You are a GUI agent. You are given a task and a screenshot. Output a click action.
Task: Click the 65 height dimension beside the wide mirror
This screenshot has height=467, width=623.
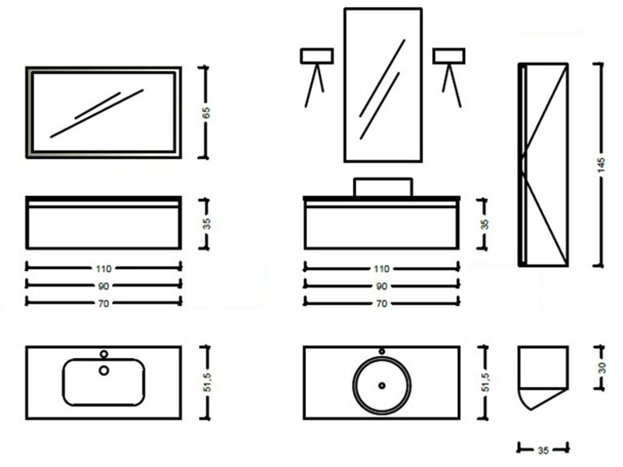pyautogui.click(x=206, y=113)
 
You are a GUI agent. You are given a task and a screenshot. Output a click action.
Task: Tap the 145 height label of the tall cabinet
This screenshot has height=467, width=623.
pyautogui.click(x=600, y=165)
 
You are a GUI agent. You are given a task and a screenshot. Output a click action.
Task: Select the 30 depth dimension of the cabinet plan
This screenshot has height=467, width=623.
pyautogui.click(x=602, y=367)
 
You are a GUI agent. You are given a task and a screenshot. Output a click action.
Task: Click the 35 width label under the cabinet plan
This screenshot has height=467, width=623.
pyautogui.click(x=543, y=451)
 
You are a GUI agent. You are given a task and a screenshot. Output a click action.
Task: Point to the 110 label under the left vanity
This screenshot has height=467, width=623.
pyautogui.click(x=104, y=269)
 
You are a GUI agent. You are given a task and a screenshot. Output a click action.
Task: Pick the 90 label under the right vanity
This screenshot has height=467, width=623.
pyautogui.click(x=382, y=286)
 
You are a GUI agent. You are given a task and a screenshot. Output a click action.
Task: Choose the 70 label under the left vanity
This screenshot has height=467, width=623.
pyautogui.click(x=104, y=304)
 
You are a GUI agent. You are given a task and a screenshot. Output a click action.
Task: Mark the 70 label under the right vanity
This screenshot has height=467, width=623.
pyautogui.click(x=382, y=304)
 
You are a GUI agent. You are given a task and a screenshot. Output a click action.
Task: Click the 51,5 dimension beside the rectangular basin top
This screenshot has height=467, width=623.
pyautogui.click(x=207, y=382)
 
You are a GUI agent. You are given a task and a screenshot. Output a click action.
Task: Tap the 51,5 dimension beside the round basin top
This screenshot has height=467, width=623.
pyautogui.click(x=485, y=382)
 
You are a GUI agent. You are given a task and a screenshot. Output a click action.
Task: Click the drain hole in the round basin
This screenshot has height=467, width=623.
pyautogui.click(x=382, y=385)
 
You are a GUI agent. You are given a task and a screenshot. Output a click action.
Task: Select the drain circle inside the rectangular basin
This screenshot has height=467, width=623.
pyautogui.click(x=104, y=370)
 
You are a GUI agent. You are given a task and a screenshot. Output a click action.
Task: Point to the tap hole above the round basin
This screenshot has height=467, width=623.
pyautogui.click(x=382, y=351)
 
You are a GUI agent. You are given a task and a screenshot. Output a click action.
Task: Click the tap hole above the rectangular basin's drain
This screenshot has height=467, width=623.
pyautogui.click(x=104, y=354)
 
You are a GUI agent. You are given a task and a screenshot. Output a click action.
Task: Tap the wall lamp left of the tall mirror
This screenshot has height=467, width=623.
pyautogui.click(x=317, y=77)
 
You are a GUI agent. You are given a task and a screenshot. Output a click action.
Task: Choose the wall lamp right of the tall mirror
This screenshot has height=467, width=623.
pyautogui.click(x=449, y=77)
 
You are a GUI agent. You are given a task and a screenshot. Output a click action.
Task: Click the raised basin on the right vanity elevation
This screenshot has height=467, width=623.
pyautogui.click(x=383, y=187)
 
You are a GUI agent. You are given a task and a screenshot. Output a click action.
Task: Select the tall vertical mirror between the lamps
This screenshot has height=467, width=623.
pyautogui.click(x=383, y=85)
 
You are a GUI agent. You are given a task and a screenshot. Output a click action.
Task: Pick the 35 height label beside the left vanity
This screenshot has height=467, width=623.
pyautogui.click(x=206, y=224)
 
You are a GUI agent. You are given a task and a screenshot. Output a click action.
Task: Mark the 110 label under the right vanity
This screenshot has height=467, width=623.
pyautogui.click(x=382, y=269)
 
